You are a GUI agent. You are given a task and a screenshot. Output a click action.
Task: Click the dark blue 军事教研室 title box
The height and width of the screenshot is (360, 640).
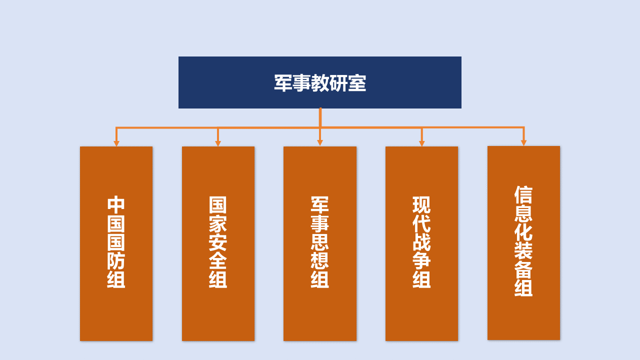[319, 82]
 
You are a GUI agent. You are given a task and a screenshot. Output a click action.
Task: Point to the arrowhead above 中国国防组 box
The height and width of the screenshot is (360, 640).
[116, 143]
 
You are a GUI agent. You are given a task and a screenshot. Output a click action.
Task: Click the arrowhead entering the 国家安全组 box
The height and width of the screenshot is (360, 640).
[218, 143]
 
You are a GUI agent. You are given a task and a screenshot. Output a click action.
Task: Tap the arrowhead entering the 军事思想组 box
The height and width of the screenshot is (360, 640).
[320, 143]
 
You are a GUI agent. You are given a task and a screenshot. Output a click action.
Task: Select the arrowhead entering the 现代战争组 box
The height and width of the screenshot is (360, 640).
[421, 143]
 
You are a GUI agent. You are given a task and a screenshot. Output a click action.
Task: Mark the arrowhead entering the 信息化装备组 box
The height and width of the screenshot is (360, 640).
[523, 143]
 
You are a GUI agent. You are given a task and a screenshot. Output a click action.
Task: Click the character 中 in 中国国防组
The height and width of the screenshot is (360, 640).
[116, 205]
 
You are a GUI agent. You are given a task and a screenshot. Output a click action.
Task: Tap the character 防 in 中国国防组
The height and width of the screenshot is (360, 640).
[116, 260]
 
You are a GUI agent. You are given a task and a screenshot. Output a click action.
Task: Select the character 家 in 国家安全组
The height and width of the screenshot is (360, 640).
[218, 223]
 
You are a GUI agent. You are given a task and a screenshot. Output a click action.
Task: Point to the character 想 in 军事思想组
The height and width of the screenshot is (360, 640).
[320, 260]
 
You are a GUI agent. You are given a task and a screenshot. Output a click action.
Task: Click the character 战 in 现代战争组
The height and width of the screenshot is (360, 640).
[421, 242]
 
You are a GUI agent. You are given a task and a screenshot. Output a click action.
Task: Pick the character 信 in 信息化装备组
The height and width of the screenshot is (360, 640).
[523, 195]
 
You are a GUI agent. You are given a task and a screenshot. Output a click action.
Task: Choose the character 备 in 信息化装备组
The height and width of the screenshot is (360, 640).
[523, 269]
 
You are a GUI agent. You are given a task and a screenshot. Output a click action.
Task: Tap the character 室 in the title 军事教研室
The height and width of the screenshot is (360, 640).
[357, 83]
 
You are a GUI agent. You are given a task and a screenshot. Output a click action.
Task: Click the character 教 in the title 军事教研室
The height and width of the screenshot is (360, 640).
[320, 83]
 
